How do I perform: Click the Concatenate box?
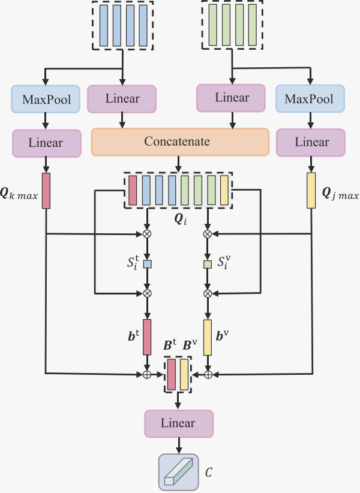pos(179,142)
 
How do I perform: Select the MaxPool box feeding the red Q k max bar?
pos(46,99)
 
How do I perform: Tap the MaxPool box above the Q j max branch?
pos(310,99)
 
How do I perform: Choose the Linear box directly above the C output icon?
pos(178,423)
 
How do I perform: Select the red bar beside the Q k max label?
pos(46,191)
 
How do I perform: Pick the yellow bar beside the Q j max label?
pos(311,191)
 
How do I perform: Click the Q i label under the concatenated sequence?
pos(181,220)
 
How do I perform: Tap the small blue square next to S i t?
pos(147,264)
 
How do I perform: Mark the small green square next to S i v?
pos(208,264)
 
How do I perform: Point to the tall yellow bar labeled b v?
pos(208,337)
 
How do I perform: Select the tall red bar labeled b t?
pos(147,337)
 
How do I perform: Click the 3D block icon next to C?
pos(178,471)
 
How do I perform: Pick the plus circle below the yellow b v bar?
pos(208,374)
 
